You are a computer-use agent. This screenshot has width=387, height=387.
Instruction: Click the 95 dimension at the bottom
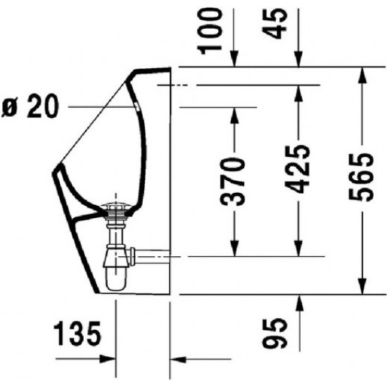tap(279, 333)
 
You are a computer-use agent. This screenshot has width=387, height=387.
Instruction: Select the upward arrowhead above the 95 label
tap(298, 301)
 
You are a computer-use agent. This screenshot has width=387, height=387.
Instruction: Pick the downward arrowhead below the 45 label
tap(298, 61)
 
